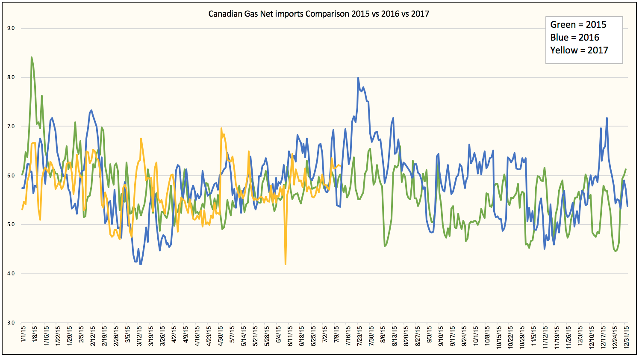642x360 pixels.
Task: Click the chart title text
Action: coord(318,14)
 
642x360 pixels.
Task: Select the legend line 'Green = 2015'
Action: coord(578,25)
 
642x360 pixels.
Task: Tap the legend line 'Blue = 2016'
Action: coord(574,38)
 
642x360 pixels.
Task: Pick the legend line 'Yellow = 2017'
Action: coord(579,50)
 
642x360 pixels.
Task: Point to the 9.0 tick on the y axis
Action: coord(11,29)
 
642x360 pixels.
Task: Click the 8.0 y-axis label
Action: coord(11,77)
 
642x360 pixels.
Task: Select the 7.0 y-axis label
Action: coord(11,127)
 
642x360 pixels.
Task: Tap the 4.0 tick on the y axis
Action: coord(11,274)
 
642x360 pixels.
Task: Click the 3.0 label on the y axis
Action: coord(11,323)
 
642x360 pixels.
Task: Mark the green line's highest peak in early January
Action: coord(32,57)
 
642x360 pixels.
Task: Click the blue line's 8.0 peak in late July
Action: coord(358,78)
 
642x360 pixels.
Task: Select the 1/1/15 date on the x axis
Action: coord(23,337)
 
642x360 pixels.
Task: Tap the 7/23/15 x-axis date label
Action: coord(360,337)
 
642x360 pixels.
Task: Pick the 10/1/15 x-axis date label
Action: coord(476,337)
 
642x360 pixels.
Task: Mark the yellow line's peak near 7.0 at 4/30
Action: coord(221,128)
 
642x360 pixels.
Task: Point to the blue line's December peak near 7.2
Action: coord(607,118)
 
